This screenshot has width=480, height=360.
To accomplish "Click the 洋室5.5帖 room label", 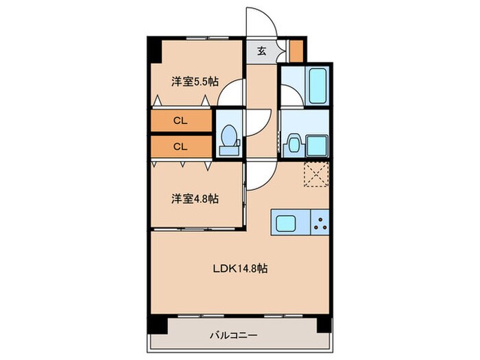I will tap(195, 81).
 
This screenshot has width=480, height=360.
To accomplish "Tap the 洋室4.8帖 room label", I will tap(195, 199).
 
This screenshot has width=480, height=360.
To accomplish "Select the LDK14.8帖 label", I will tap(239, 269).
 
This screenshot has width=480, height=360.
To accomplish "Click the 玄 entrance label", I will tap(262, 51).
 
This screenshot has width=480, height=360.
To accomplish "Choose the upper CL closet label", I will tap(180, 121).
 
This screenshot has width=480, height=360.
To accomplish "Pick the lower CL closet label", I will tap(180, 146).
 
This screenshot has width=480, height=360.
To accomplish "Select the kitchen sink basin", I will tap(286, 221).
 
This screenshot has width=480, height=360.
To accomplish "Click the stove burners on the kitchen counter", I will tap(320, 221).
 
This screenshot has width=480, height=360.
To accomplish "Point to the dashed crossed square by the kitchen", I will tap(316, 173).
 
